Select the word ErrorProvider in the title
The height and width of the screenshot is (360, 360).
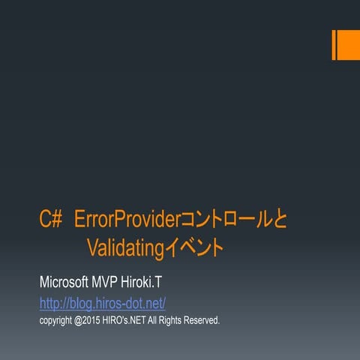pyautogui.click(x=124, y=220)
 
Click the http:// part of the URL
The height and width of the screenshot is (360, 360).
pyautogui.click(x=52, y=303)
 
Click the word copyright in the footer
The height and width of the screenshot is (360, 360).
pyautogui.click(x=58, y=320)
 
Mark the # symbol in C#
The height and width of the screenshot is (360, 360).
pyautogui.click(x=57, y=220)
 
